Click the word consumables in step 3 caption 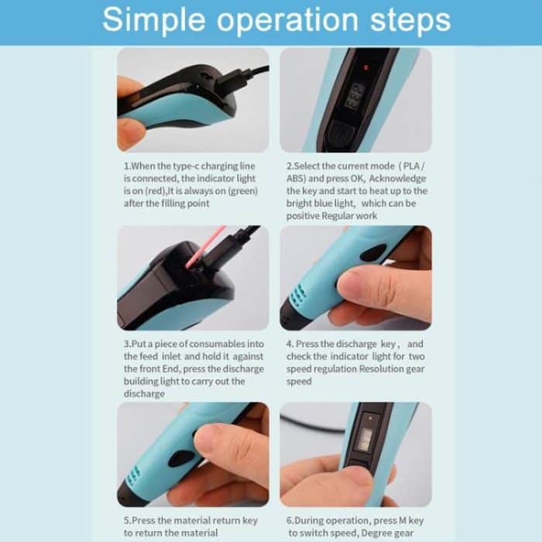[225, 344]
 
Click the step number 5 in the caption [126, 521]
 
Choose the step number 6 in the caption [289, 521]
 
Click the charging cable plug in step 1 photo [225, 81]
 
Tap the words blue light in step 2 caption [326, 204]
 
